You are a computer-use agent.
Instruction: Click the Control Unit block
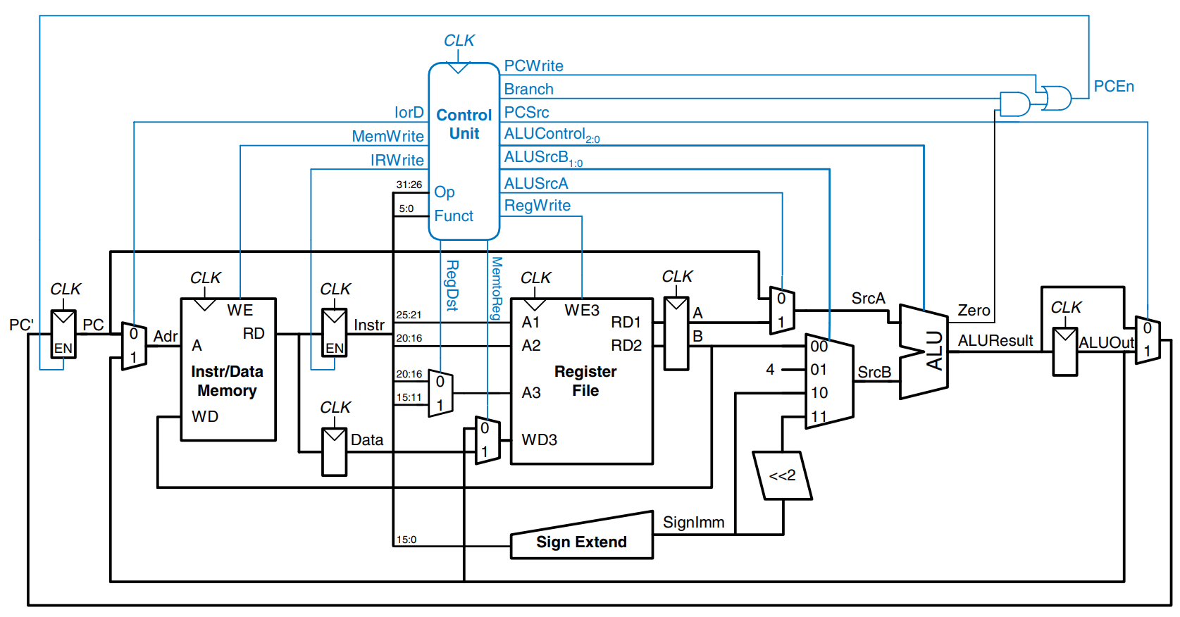464,151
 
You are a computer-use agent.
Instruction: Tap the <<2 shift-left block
782,475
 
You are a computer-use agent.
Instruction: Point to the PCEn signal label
1114,87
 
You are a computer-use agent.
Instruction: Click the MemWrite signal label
387,136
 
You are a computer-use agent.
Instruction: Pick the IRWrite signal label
397,160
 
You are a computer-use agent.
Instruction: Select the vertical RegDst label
452,285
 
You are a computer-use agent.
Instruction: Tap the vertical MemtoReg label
497,288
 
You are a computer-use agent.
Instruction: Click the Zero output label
974,311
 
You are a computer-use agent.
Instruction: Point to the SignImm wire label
693,522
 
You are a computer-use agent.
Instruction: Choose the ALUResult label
995,341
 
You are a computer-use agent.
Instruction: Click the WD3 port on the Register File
539,440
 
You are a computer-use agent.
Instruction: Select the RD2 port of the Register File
626,345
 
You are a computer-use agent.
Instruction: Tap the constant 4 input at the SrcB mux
770,369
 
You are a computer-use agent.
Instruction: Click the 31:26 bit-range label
409,185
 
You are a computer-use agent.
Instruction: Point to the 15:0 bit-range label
406,540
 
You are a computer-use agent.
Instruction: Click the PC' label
21,325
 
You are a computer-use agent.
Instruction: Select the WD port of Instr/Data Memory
205,416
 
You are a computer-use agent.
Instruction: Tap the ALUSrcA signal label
535,183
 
